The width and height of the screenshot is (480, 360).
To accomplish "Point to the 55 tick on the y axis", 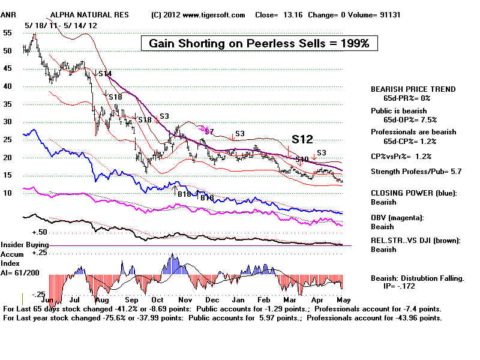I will pyautogui.click(x=8, y=33).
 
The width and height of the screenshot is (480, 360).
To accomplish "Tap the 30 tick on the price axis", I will pyautogui.click(x=8, y=122).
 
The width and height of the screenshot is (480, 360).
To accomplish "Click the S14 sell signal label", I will pyautogui.click(x=105, y=74).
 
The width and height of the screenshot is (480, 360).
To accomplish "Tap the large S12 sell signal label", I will pyautogui.click(x=302, y=139).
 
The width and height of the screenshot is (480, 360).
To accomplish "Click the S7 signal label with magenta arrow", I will pyautogui.click(x=209, y=130).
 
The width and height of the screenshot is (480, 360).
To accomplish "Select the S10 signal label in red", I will pyautogui.click(x=302, y=159).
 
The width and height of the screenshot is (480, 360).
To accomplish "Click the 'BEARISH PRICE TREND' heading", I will pyautogui.click(x=413, y=89).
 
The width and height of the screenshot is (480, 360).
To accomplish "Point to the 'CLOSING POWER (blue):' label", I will pyautogui.click(x=414, y=193).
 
